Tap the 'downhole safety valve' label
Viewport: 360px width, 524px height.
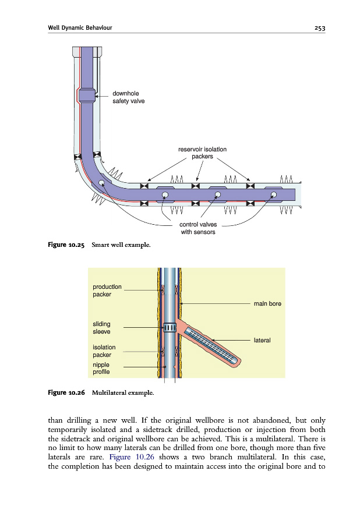[x=128, y=97]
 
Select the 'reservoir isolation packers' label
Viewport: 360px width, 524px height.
[x=202, y=153]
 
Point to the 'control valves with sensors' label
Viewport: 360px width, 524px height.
[x=194, y=228]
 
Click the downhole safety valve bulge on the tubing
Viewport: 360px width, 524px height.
[x=86, y=95]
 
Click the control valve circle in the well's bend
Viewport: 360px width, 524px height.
[x=101, y=183]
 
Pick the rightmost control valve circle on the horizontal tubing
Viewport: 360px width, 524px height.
[x=273, y=194]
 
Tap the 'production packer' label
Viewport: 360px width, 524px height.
[x=107, y=290]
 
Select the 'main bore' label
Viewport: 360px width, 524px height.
[x=267, y=303]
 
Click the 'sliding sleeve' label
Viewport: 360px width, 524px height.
[x=101, y=328]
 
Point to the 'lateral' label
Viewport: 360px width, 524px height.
[x=262, y=339]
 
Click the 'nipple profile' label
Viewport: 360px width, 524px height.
[x=101, y=368]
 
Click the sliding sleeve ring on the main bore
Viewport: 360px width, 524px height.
[x=168, y=328]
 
